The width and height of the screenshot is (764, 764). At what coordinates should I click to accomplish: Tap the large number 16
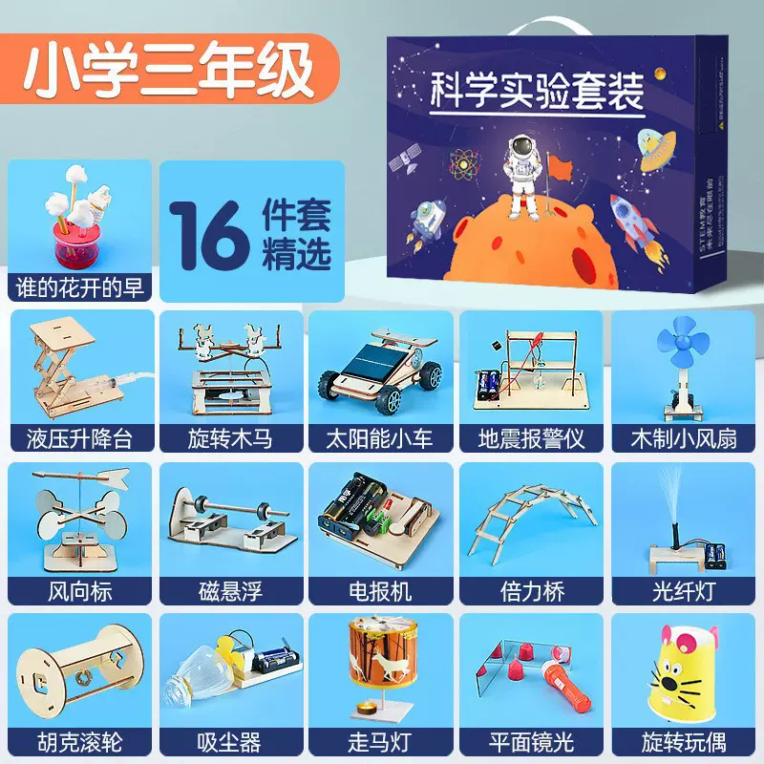[208, 232]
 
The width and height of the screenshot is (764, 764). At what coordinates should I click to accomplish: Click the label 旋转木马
[231, 438]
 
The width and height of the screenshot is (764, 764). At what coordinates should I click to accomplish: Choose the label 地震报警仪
[533, 438]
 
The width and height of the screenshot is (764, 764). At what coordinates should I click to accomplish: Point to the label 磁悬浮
[231, 590]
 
